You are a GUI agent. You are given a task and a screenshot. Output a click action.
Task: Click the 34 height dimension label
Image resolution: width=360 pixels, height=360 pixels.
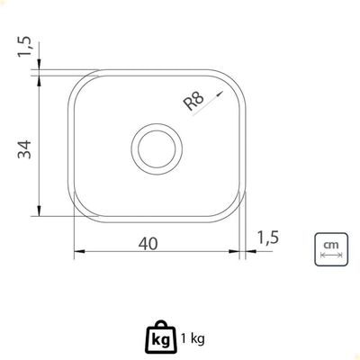click(x=24, y=149)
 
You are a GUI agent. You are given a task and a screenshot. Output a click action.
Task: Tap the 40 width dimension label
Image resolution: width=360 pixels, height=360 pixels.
click(x=148, y=244)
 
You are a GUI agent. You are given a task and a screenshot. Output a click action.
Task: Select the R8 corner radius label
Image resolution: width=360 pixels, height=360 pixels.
click(x=193, y=101)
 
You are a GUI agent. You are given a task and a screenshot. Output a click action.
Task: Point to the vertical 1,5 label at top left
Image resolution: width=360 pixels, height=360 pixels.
click(x=24, y=47)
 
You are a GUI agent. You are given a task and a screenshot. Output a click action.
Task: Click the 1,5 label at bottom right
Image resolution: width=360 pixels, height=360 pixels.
click(x=268, y=237)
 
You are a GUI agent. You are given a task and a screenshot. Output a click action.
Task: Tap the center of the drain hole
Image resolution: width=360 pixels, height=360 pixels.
click(x=157, y=148)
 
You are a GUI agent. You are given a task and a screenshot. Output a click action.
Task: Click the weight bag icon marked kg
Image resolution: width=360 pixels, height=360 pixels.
click(x=161, y=337)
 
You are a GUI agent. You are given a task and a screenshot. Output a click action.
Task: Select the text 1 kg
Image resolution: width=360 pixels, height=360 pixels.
click(x=193, y=339)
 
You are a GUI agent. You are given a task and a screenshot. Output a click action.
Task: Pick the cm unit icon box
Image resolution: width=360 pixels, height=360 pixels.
click(x=331, y=249)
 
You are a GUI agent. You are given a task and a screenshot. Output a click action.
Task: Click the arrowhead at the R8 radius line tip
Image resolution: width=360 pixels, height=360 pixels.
click(x=220, y=94)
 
